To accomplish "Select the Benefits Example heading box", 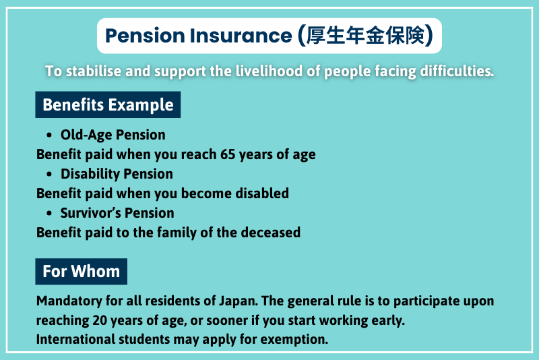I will (x=108, y=105).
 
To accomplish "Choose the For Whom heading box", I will (x=81, y=272).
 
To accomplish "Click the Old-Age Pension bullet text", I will (x=113, y=135).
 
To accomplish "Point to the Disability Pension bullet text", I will (x=117, y=174).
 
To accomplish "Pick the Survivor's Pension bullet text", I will (x=117, y=213).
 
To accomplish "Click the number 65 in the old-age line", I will (x=228, y=154).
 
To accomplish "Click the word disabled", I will (x=261, y=193).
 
